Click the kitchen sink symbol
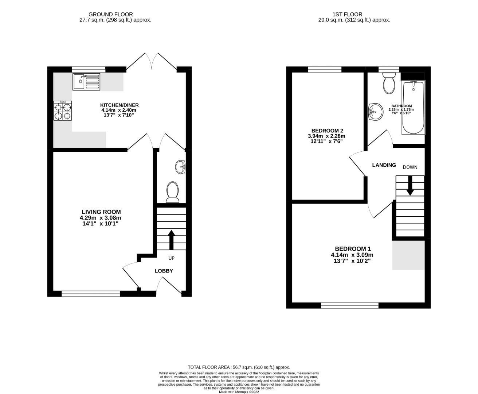tap(86, 81)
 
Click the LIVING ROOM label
tap(101, 212)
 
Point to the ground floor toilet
tap(172, 192)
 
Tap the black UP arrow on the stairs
tap(171, 239)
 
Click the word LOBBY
tap(164, 271)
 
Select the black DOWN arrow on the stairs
tap(410, 185)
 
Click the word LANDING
tap(384, 165)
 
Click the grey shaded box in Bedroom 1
tap(408, 255)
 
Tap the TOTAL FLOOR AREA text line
tap(239, 367)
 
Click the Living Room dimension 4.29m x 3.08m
tap(101, 218)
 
